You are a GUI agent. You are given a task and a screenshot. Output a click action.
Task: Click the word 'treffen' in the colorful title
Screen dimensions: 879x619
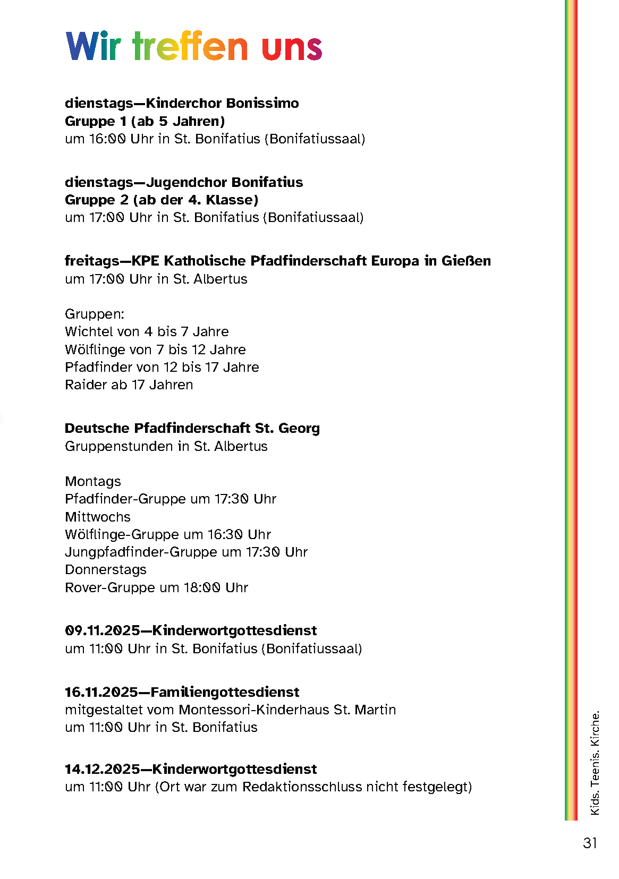[x=190, y=47]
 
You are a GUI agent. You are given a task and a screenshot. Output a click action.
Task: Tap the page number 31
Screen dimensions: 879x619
[x=590, y=843]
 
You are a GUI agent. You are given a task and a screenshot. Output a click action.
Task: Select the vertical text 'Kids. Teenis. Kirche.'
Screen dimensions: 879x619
[x=595, y=762]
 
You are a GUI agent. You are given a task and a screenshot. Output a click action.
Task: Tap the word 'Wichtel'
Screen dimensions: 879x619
[x=85, y=332]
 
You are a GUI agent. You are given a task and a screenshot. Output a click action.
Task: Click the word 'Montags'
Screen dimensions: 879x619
[x=93, y=482]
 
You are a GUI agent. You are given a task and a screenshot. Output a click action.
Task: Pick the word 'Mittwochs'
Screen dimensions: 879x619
[x=98, y=517]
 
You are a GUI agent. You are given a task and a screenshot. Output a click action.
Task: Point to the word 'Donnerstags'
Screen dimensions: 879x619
[x=106, y=570]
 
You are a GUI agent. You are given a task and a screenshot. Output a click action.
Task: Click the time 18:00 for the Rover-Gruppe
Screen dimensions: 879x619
[x=202, y=588]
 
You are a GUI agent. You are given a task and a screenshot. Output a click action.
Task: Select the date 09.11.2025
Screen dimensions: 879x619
[x=102, y=631]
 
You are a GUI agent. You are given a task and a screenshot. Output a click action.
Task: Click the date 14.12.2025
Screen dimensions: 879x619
[x=102, y=770]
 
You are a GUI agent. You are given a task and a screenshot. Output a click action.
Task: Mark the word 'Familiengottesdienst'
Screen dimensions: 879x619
[x=225, y=693]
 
